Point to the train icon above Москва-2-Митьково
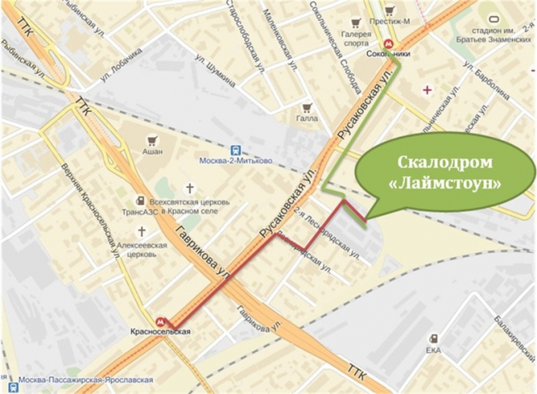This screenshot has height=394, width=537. pos(235,148)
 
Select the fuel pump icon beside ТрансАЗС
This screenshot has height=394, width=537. pos(140,201)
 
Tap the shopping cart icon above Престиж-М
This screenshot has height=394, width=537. pos(390,10)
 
